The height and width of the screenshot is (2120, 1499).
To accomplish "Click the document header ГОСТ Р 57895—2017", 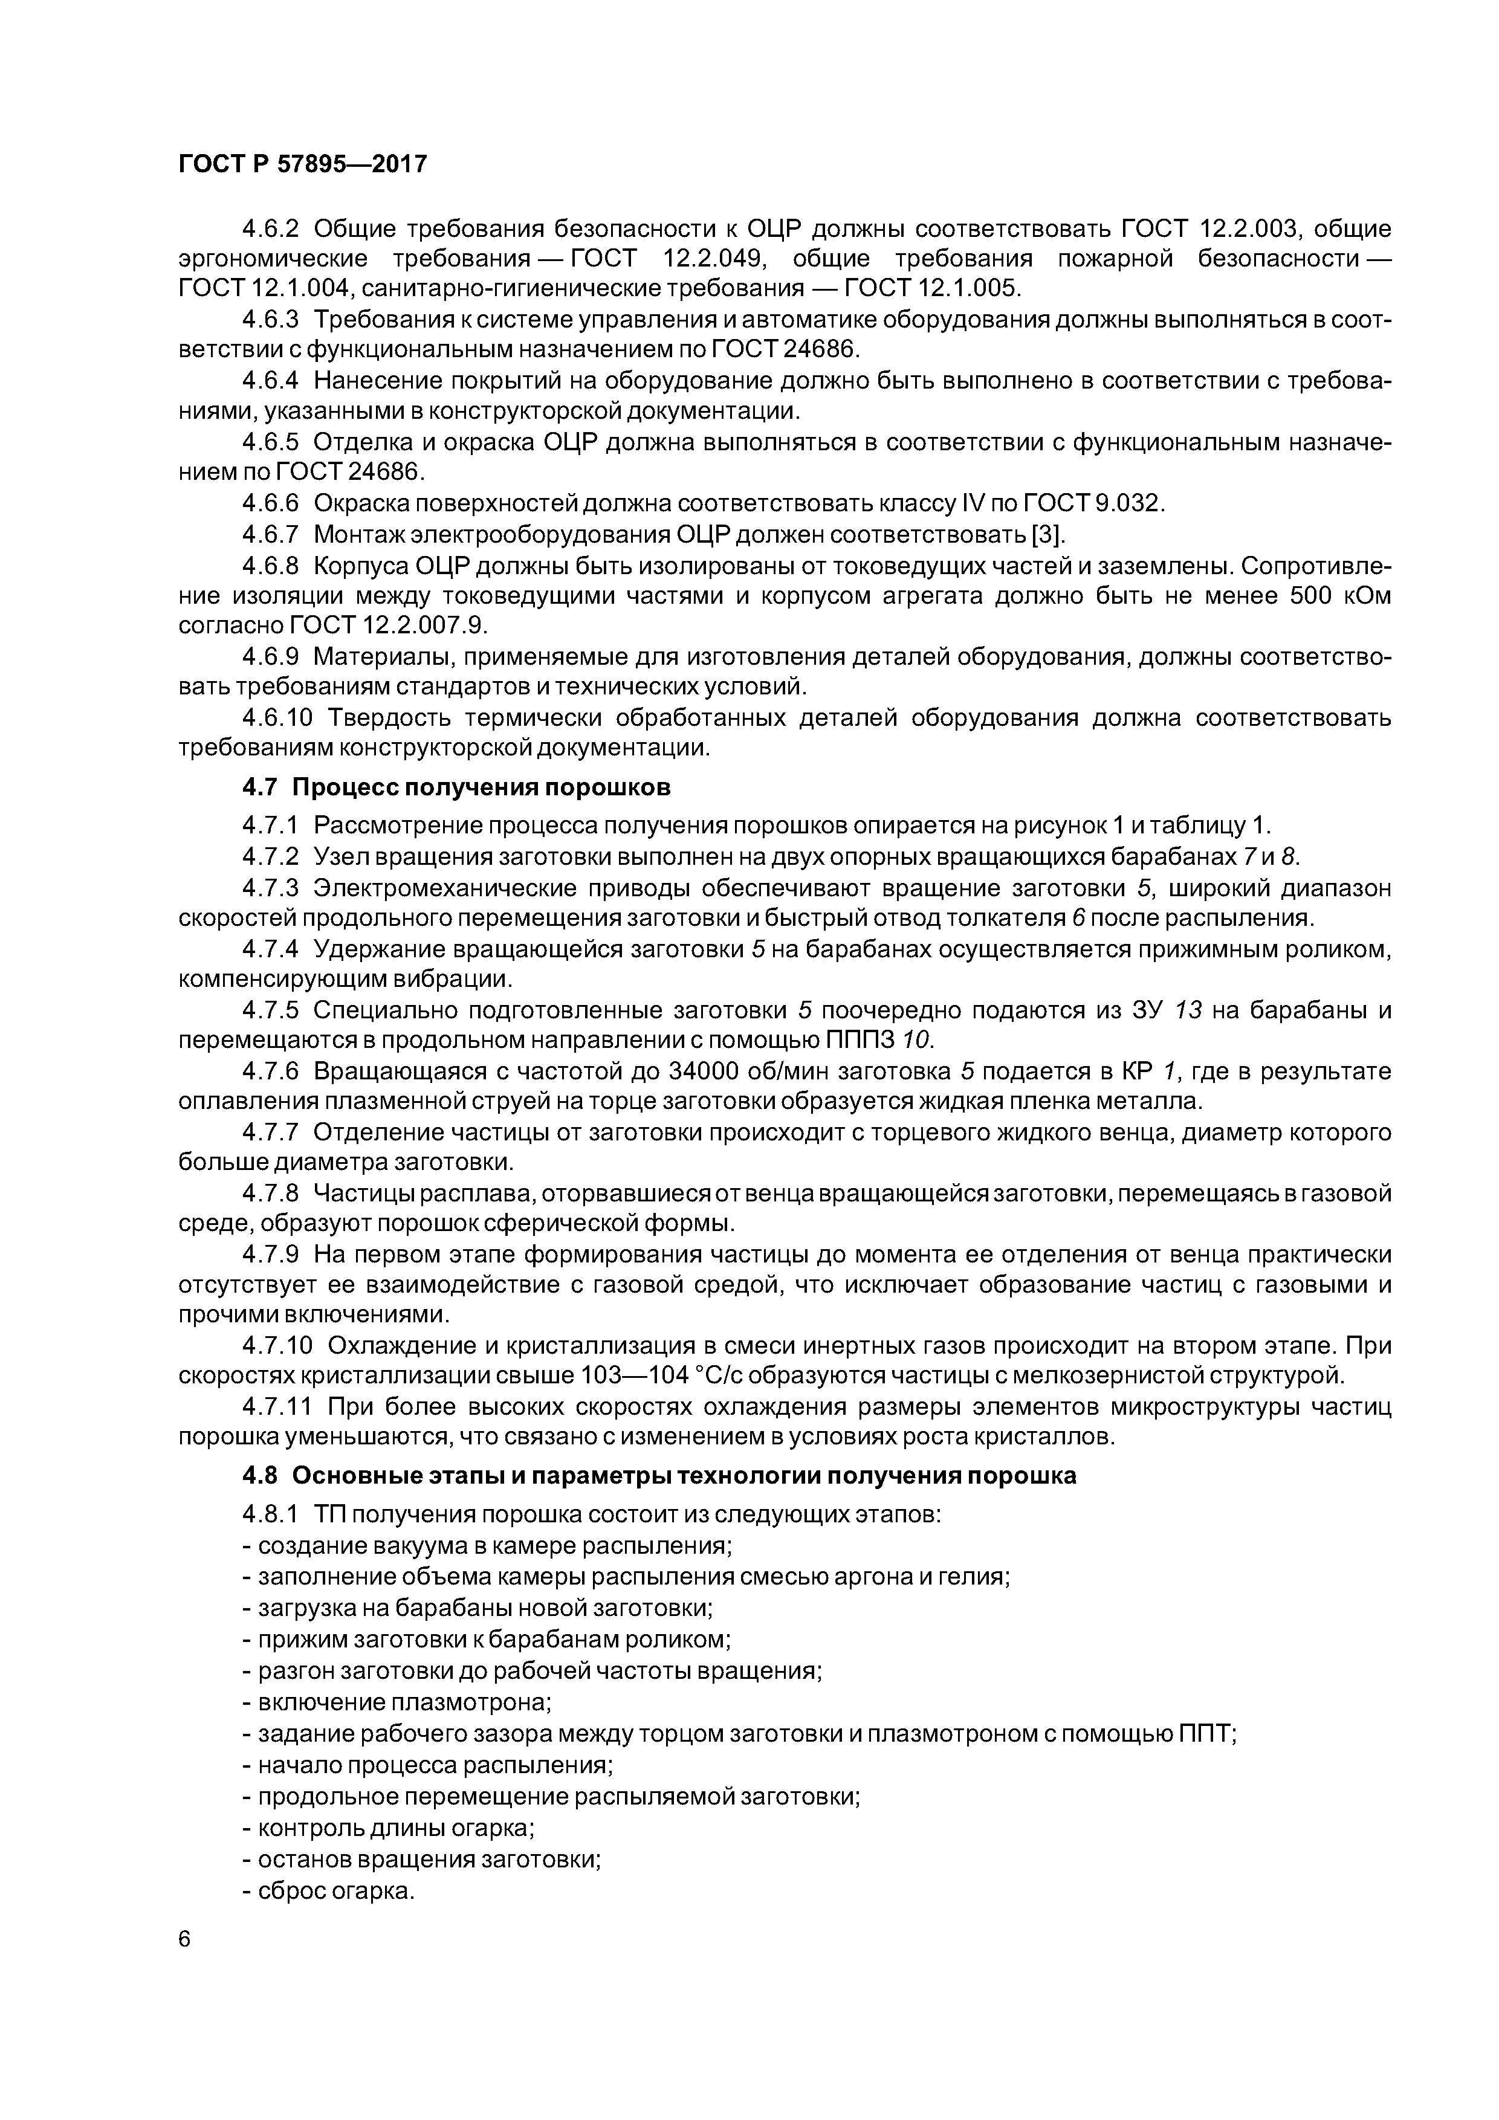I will click(302, 164).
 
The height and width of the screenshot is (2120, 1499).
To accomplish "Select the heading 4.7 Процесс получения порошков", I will click(456, 787).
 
